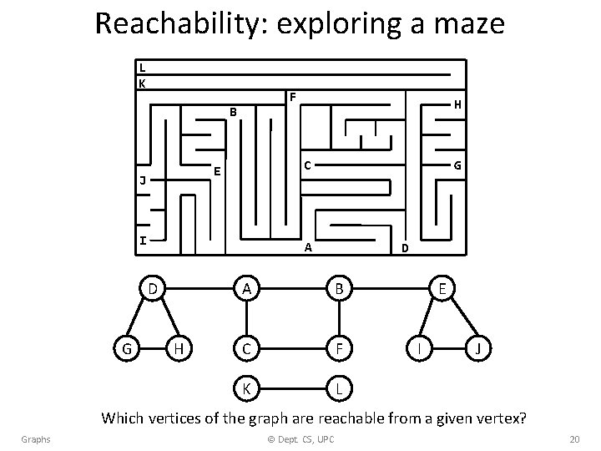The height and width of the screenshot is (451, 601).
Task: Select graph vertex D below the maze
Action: [x=151, y=289]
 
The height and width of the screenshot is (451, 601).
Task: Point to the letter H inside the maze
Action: [x=457, y=105]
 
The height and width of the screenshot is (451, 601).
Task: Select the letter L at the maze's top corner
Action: [x=143, y=68]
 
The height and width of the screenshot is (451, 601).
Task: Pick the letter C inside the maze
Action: [x=307, y=165]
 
